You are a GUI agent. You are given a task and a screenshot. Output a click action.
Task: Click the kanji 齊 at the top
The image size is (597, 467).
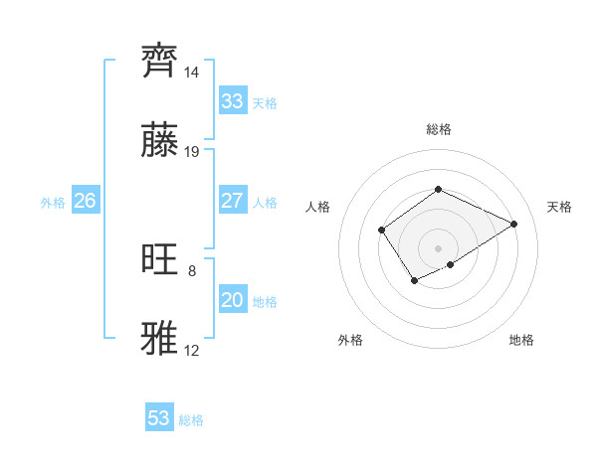pos(161,62)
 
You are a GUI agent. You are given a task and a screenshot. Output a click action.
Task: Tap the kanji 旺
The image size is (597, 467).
pos(161,260)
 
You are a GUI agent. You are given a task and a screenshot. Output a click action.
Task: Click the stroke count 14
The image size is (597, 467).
pos(192,74)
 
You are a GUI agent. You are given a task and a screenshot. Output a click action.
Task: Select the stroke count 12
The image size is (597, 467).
pos(192,351)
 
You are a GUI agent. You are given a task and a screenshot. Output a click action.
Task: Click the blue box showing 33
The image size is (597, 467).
pos(232,101)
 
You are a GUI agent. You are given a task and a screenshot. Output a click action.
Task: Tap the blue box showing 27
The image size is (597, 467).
pos(232,201)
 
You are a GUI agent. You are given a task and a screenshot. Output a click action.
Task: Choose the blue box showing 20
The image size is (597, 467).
pos(232,300)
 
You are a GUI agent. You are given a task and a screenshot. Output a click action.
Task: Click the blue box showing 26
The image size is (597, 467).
pos(85,201)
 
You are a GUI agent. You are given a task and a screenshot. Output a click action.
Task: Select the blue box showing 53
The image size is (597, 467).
pos(159,418)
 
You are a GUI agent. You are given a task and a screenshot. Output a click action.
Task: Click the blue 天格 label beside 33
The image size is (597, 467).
pos(265,103)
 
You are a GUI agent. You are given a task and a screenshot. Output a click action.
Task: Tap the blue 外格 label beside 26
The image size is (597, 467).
pos(53,203)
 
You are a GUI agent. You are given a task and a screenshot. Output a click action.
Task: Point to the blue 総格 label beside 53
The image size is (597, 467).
pos(191,420)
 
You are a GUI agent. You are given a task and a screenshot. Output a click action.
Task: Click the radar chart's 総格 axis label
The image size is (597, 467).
pos(438,129)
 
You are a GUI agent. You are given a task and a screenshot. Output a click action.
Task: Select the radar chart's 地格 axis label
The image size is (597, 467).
pos(521,340)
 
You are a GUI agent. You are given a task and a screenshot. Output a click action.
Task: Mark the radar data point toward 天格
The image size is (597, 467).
pos(514,224)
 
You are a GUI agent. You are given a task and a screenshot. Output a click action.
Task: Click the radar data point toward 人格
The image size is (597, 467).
pos(382,231)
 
